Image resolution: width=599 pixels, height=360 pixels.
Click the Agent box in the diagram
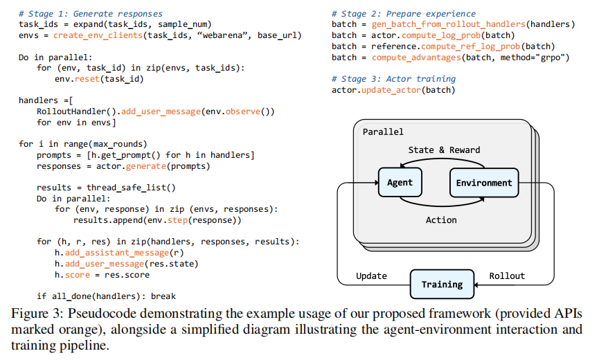coord(400,183)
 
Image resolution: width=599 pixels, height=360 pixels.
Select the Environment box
coord(484,183)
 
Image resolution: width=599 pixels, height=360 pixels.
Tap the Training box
coord(442,284)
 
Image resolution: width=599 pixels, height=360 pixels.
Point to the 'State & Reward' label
coord(444,150)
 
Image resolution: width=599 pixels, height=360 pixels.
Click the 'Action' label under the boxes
coord(441,219)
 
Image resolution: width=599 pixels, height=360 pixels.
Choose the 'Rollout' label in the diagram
coord(507,276)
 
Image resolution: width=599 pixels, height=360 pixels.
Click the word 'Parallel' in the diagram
coord(383,131)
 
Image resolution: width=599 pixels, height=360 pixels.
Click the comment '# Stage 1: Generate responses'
coord(91,13)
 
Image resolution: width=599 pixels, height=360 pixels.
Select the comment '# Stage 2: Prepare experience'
coord(404,13)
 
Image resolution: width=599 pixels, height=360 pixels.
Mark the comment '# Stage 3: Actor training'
coord(393,79)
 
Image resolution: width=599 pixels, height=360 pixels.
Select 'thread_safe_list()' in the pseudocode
coord(132,187)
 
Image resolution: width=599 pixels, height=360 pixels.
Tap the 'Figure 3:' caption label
coord(35,312)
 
